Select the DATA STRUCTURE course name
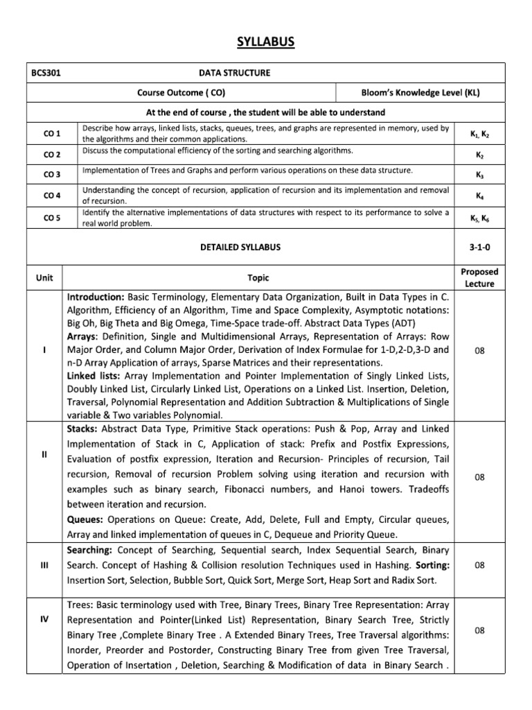click(235, 72)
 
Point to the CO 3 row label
click(52, 175)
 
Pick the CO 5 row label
click(52, 218)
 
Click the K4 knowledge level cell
click(479, 196)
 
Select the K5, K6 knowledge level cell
click(479, 218)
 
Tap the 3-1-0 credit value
click(479, 247)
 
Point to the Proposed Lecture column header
click(479, 278)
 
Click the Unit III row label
click(44, 565)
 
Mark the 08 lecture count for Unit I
click(479, 352)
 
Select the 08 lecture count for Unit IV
click(479, 631)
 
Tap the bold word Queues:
click(87, 519)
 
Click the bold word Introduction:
click(96, 296)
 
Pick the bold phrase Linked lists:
click(92, 375)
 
